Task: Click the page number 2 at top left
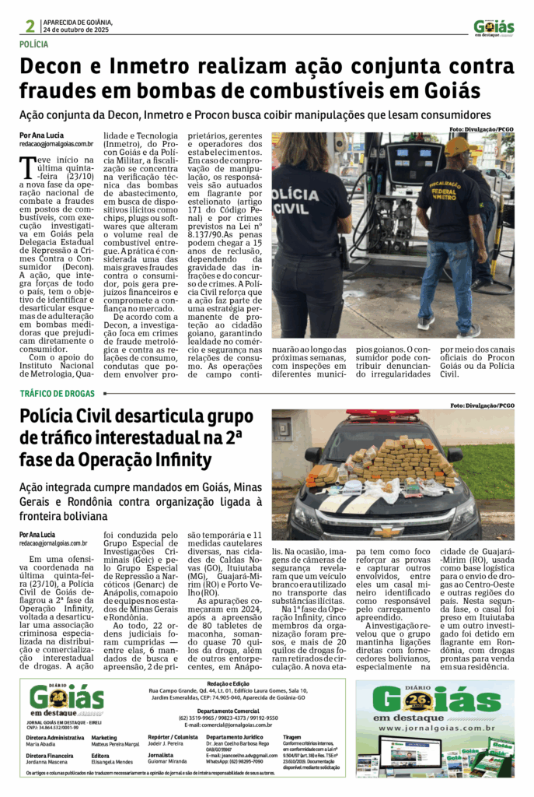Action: [28, 26]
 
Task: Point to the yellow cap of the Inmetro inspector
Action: [459, 145]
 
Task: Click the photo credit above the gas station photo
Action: [481, 128]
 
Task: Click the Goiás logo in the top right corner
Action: [494, 27]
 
